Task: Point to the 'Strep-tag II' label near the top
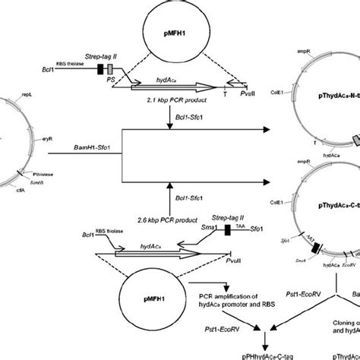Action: [119, 55]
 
